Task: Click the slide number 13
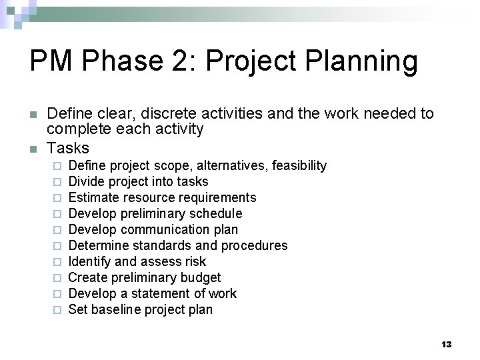click(447, 344)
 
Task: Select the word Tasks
click(69, 147)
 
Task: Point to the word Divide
click(86, 181)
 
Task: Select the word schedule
click(215, 213)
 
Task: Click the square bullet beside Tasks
click(35, 148)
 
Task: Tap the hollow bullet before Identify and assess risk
click(58, 262)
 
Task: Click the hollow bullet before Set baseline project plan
click(58, 310)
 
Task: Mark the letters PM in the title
click(51, 62)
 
